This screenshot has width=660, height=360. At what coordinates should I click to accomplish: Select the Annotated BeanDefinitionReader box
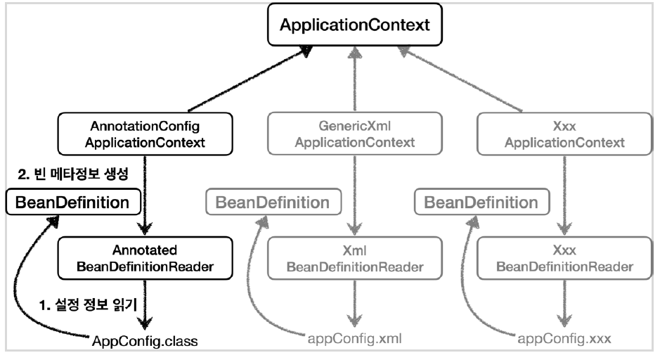[x=144, y=258]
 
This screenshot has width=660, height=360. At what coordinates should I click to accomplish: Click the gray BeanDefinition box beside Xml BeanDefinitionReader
[x=273, y=203]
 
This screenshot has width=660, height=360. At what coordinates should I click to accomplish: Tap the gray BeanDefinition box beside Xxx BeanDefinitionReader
[x=482, y=203]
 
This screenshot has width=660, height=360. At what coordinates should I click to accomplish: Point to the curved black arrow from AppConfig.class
[x=35, y=281]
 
